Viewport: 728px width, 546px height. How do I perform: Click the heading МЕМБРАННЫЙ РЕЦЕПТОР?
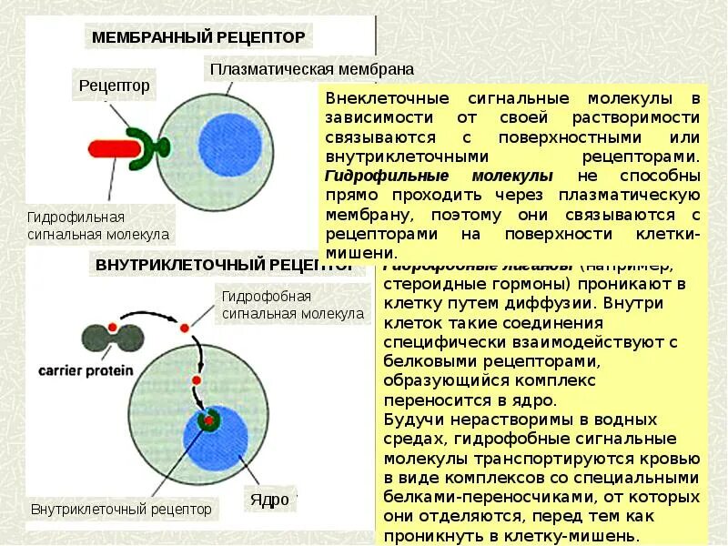[x=198, y=37]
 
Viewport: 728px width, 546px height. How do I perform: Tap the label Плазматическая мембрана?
[x=311, y=69]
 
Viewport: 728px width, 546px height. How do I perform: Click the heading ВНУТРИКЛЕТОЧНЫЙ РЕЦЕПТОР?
[x=224, y=266]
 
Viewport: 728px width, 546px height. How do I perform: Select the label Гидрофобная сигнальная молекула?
[x=291, y=305]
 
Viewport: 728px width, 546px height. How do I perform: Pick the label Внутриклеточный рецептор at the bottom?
[x=121, y=510]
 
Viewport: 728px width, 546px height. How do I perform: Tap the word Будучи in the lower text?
[x=415, y=420]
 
